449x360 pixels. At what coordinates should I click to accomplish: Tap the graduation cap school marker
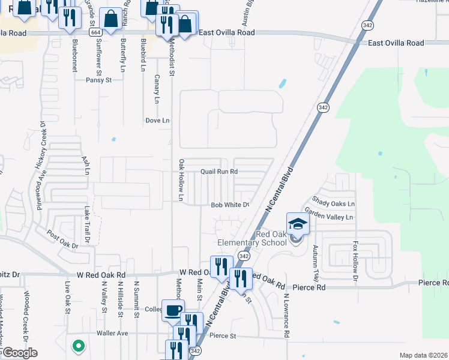pos(298,225)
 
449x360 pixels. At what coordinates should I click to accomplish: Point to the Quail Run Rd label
pos(219,171)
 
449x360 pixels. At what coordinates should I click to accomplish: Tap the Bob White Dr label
pos(230,205)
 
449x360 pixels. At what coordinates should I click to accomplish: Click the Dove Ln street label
pos(157,121)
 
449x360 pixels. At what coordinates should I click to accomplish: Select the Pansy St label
pos(98,80)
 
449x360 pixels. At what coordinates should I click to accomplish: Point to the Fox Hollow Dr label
pos(355,262)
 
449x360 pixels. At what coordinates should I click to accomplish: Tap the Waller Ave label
pos(113,333)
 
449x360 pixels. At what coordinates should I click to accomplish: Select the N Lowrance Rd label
pos(287,315)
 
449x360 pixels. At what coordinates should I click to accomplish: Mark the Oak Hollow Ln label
pos(181,180)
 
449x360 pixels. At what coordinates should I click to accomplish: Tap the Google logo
pos(19,353)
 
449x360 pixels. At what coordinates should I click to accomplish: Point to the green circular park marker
pos(77,346)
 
